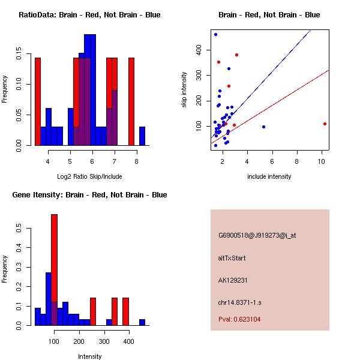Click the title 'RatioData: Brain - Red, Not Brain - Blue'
(89, 15)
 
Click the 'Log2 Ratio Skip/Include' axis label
(89, 176)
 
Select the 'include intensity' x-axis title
(269, 176)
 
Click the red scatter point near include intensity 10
(325, 124)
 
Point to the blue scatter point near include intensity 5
(263, 127)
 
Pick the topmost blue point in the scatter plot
(215, 34)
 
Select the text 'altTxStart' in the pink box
(232, 258)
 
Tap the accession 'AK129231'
(233, 280)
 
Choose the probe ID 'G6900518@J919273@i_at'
(257, 235)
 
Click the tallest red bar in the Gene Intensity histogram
(55, 258)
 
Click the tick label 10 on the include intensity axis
(322, 162)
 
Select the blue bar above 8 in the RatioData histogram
(142, 136)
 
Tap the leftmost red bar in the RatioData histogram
(38, 101)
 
